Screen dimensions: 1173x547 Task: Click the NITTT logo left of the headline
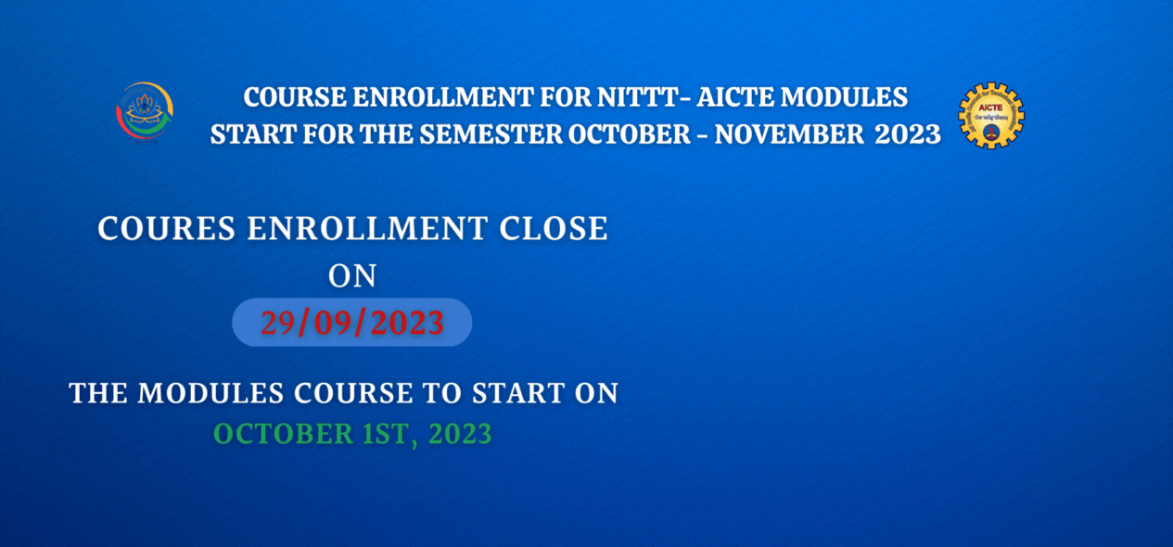coord(145,112)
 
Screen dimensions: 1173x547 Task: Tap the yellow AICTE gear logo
coord(990,115)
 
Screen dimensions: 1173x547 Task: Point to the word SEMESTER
coord(491,134)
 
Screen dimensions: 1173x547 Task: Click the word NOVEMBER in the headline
coord(788,134)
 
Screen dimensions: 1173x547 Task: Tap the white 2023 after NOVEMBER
coord(908,134)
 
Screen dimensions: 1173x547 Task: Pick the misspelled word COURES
coord(167,229)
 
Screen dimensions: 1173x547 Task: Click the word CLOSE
coord(553,229)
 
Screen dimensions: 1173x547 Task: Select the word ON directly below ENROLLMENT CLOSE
coord(352,276)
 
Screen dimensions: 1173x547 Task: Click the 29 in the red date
coord(278,323)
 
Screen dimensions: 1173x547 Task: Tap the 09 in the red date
coord(332,323)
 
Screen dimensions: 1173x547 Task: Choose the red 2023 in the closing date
coord(407,323)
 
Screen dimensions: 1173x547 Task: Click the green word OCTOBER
coord(284,434)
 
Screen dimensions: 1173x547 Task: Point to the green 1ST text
coord(387,434)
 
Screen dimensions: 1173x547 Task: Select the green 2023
coord(460,434)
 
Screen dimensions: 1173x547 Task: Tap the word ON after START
coord(596,393)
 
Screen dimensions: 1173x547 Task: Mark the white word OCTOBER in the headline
coord(630,134)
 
